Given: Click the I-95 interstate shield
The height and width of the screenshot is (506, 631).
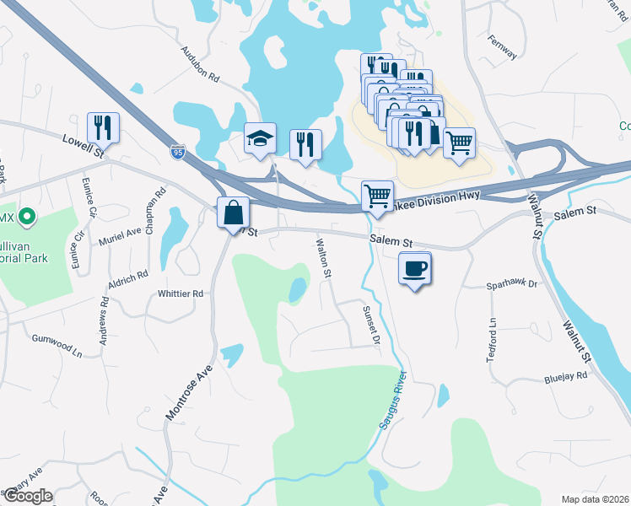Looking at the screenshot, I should point(177,152).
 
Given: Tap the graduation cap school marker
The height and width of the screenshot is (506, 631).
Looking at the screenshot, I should point(260,138).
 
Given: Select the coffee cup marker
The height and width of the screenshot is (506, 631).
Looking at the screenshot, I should point(414,269).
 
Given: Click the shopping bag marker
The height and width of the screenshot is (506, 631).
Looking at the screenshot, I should point(233,212).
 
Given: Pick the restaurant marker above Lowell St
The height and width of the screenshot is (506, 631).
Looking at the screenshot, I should point(103,127).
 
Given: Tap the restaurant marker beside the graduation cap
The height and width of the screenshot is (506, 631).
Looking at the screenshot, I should point(305,143).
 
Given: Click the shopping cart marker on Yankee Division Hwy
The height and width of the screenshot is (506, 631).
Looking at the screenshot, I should point(377,196).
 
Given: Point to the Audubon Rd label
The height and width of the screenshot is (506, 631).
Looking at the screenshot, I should point(200,64).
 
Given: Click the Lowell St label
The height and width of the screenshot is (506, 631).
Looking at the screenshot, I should point(83,145).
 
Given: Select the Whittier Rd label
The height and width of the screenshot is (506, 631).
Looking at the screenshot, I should point(181,293).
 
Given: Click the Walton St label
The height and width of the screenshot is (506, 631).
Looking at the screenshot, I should point(322,253).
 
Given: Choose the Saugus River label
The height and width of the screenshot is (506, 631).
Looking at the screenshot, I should point(394,401).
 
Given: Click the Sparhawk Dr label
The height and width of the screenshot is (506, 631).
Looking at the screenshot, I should point(511,285).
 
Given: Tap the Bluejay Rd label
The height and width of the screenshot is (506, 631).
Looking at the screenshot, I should point(564,378).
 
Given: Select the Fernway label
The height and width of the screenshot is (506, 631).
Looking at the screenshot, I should point(502,46).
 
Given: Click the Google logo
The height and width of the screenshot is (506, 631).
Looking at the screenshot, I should point(27,496).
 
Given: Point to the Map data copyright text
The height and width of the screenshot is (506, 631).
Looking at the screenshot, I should point(595,499).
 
